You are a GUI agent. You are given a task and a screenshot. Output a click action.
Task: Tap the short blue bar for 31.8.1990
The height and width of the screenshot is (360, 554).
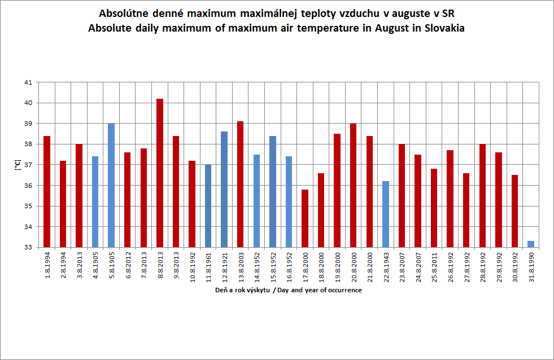(531, 244)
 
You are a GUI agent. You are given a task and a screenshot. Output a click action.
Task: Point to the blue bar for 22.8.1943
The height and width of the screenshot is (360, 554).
(386, 214)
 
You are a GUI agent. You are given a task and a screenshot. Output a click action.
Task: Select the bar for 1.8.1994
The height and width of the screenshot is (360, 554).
(47, 191)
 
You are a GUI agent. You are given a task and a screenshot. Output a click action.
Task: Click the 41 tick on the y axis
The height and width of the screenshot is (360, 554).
(28, 82)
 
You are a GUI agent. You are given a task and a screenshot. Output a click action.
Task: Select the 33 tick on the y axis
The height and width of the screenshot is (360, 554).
(28, 247)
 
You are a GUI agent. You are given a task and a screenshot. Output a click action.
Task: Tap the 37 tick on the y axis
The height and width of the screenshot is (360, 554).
(28, 165)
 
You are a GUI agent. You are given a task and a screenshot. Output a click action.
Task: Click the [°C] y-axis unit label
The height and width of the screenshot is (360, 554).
(16, 165)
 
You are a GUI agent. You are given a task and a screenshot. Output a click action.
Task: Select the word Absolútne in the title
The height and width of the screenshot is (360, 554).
(123, 14)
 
